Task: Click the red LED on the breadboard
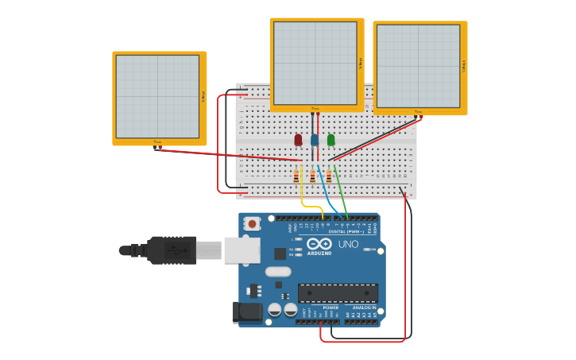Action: (298, 140)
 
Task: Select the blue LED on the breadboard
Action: (315, 140)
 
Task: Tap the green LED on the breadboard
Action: (331, 140)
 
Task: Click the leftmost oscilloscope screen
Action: (157, 96)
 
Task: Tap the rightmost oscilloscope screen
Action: (418, 66)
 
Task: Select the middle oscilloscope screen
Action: (315, 63)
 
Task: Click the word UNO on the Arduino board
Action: (348, 245)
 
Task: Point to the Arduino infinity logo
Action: (319, 244)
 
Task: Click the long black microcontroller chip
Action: (338, 292)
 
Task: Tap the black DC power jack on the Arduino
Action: (247, 312)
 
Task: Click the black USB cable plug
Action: (171, 250)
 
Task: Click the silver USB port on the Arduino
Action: (242, 250)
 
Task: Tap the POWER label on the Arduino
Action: (331, 308)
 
